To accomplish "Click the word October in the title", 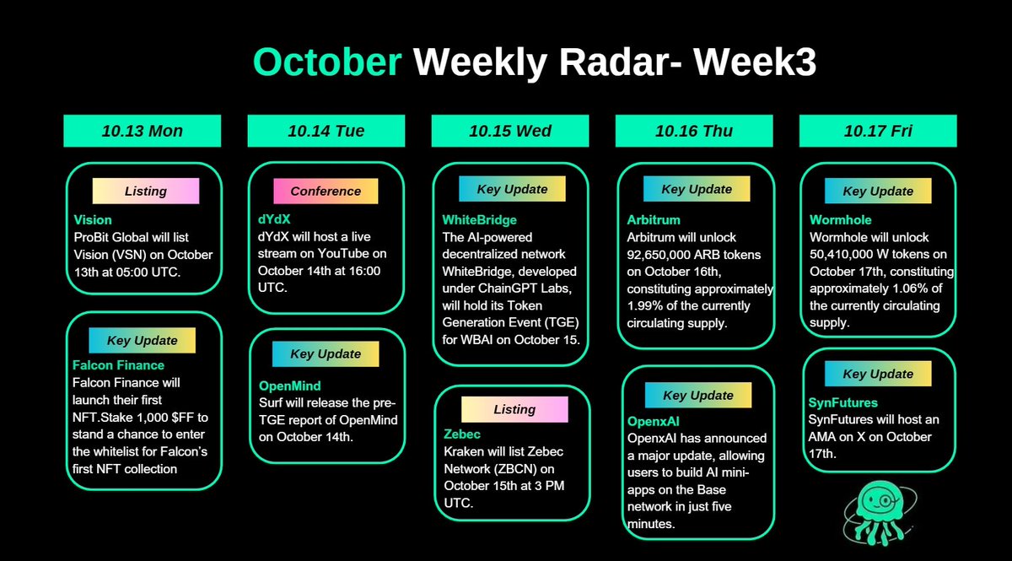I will coord(327,63).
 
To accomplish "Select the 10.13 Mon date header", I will coord(142,131).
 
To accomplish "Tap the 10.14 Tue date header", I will coord(326,131).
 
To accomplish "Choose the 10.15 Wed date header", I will coord(509,131).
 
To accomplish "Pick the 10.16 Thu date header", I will coord(693,131).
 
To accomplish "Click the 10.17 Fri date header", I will coord(877,131).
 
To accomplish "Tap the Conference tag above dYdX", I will coord(326,191).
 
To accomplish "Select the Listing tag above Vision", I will coord(145,191).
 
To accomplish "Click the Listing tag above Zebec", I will coord(514,409).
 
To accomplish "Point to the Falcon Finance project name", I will coord(118,365).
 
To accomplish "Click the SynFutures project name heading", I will coord(843,402).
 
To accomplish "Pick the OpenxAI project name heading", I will coord(654,421).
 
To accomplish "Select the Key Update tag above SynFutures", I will coord(878,374).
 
